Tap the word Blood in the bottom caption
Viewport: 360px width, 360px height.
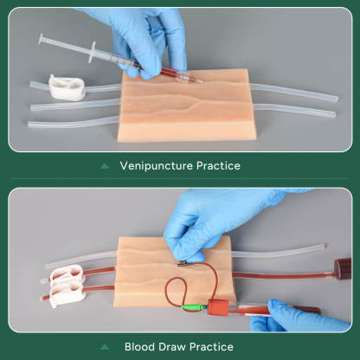click(x=140, y=347)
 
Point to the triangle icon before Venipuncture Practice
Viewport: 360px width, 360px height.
click(x=105, y=165)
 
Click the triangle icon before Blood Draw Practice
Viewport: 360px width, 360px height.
click(x=110, y=347)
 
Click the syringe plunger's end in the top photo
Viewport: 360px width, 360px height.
click(x=41, y=39)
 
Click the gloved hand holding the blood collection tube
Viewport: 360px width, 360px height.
click(x=299, y=315)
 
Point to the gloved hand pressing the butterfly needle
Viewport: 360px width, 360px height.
click(x=208, y=225)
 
